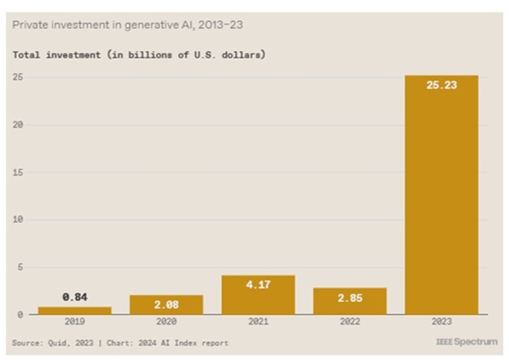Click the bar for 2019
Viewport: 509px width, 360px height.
[75, 311]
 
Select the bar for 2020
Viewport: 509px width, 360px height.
[167, 305]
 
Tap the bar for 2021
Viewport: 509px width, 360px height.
[259, 295]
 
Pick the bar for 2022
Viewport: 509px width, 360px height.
[350, 301]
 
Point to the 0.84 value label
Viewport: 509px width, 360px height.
[75, 296]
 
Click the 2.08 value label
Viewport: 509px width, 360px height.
[167, 304]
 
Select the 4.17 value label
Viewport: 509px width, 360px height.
[259, 284]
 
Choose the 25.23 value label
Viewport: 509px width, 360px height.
[441, 85]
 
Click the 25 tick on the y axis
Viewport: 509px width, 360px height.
[17, 78]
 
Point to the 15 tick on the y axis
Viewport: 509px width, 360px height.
[17, 172]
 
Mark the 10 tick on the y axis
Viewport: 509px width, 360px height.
[17, 220]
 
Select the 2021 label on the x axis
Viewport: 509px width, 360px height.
[259, 324]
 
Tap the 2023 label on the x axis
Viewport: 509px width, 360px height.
[441, 324]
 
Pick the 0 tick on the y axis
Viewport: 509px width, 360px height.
[20, 315]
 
